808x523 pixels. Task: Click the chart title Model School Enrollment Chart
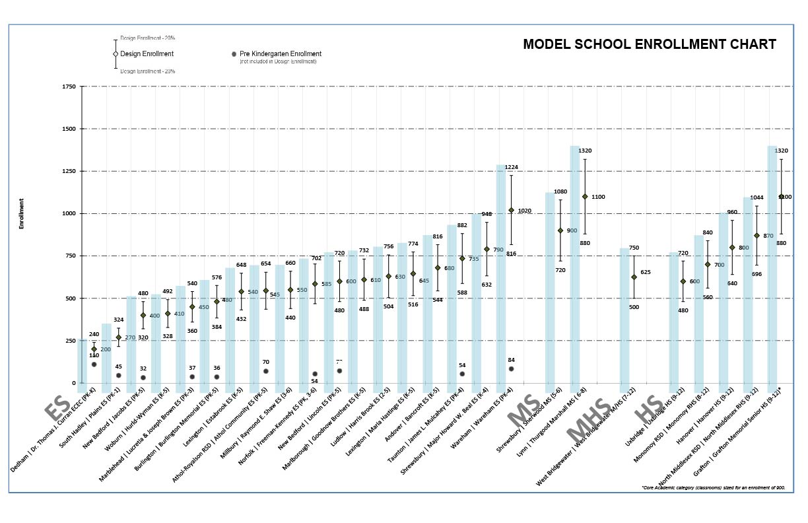point(650,44)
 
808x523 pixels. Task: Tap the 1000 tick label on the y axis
point(67,214)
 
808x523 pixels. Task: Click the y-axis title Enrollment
point(21,213)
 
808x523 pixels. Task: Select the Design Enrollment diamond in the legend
point(116,54)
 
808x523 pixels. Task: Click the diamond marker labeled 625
point(634,277)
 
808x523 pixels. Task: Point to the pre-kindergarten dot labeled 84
point(511,369)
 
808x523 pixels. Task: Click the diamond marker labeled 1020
point(511,210)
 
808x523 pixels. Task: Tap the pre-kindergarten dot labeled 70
point(266,371)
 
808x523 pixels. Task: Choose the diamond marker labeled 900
point(560,230)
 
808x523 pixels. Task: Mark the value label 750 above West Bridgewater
point(634,248)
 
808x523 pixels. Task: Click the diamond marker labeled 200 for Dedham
point(94,349)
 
